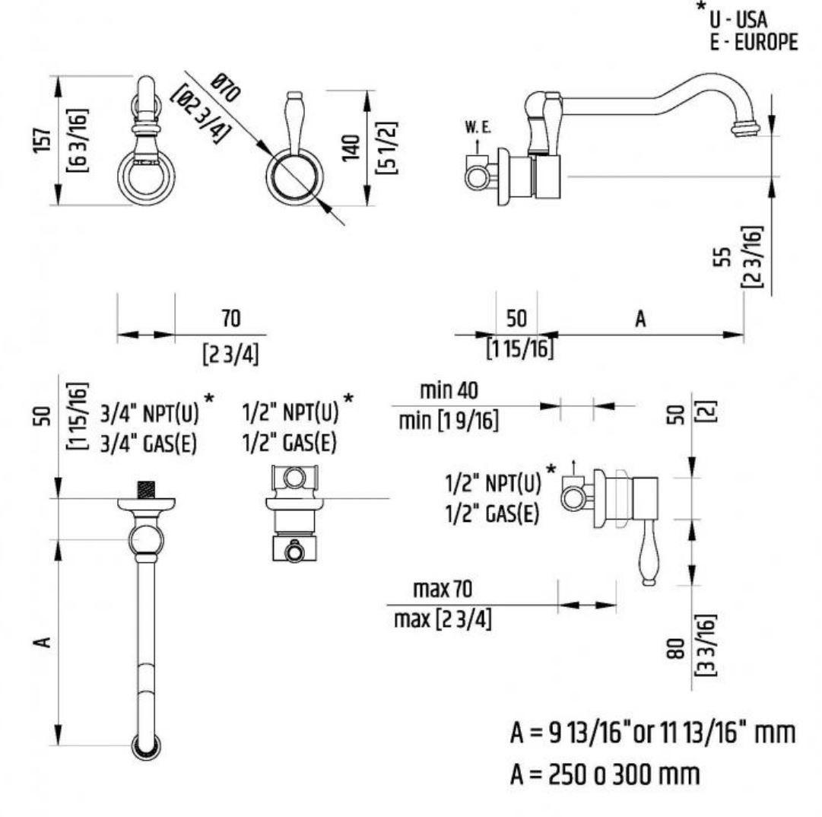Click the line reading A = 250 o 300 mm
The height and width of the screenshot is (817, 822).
[x=605, y=777]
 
